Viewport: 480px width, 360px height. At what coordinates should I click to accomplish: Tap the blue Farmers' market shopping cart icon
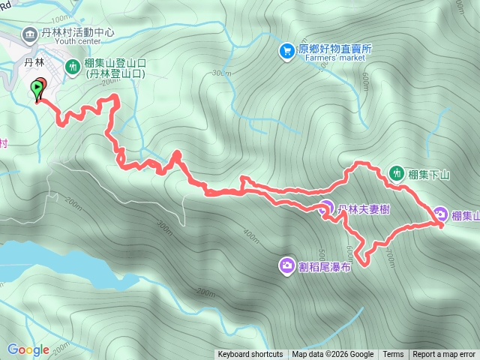pyautogui.click(x=286, y=51)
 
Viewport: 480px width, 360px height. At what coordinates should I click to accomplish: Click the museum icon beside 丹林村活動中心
pyautogui.click(x=29, y=33)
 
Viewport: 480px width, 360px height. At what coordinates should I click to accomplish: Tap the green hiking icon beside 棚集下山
pyautogui.click(x=397, y=174)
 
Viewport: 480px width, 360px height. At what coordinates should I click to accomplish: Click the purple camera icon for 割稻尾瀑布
pyautogui.click(x=287, y=265)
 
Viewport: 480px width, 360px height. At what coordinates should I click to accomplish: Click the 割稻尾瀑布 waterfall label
pyautogui.click(x=325, y=266)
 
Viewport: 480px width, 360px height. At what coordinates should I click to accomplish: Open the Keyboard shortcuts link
pyautogui.click(x=250, y=355)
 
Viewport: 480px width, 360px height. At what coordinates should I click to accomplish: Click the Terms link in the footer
pyautogui.click(x=393, y=355)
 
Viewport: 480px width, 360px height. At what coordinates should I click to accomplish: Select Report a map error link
pyautogui.click(x=444, y=355)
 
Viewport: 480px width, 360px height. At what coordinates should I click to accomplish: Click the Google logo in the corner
pyautogui.click(x=28, y=349)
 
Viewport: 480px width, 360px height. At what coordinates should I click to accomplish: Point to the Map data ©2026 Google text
pyautogui.click(x=333, y=355)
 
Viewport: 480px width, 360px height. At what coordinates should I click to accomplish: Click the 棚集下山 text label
pyautogui.click(x=429, y=175)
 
